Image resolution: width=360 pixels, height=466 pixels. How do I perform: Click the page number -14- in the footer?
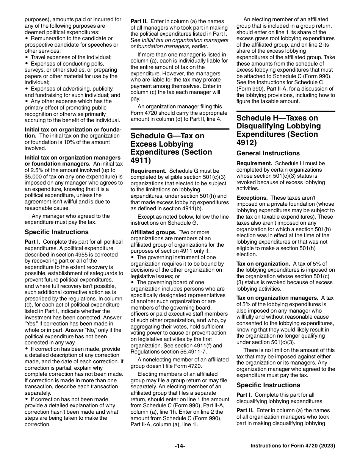(x=180, y=446)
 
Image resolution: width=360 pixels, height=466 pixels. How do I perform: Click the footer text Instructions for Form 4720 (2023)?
(x=293, y=446)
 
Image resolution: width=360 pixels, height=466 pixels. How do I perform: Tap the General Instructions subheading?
(x=268, y=153)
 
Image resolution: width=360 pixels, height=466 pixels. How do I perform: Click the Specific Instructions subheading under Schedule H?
(x=268, y=385)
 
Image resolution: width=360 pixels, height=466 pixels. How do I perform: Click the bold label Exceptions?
(x=252, y=198)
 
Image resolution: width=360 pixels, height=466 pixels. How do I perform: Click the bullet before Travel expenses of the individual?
(x=26, y=58)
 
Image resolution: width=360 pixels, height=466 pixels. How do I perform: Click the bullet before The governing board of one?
(x=132, y=283)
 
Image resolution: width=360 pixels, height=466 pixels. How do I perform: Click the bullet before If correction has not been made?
(x=26, y=399)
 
